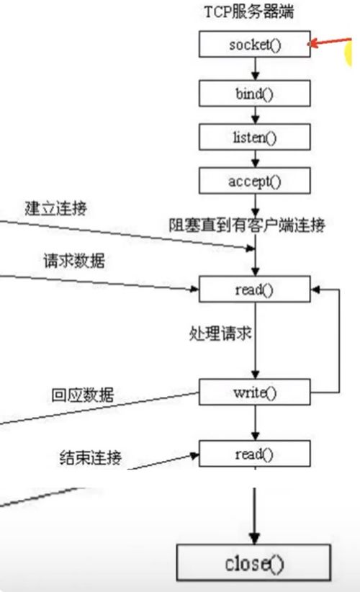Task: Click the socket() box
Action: click(255, 44)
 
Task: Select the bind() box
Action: click(255, 93)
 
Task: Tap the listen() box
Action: click(255, 137)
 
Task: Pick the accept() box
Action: click(255, 181)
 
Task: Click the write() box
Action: click(255, 393)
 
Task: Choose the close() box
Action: click(253, 562)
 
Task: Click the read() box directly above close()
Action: click(255, 454)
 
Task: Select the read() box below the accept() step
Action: click(255, 290)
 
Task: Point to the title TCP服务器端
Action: click(249, 12)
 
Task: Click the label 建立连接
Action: click(56, 208)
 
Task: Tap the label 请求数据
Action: click(74, 261)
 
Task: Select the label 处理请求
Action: click(220, 333)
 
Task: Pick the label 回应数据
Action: click(83, 395)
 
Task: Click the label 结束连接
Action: click(91, 457)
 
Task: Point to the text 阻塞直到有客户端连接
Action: click(247, 225)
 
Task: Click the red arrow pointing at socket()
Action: click(330, 42)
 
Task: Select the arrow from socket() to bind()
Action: click(256, 68)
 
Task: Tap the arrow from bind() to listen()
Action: click(256, 115)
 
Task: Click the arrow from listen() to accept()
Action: click(256, 159)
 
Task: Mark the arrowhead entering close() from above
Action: click(255, 539)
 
